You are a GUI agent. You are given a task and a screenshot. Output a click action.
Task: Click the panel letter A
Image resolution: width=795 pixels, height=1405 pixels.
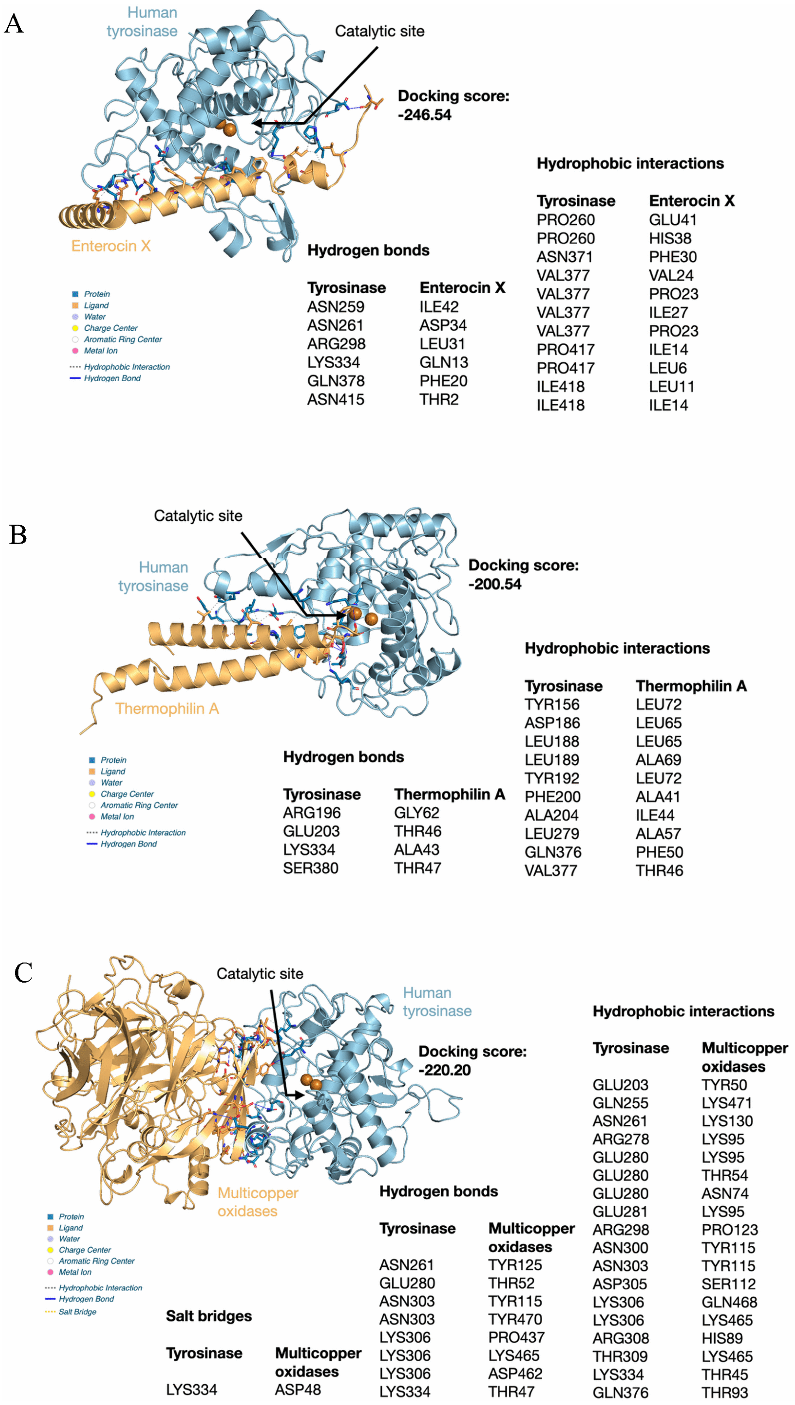[14, 24]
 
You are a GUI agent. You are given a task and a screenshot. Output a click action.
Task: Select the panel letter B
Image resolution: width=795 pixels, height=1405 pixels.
[18, 535]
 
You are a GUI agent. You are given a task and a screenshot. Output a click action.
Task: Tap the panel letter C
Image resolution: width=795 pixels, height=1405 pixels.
[24, 972]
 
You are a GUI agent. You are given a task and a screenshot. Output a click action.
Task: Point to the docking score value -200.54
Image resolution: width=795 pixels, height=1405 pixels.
[495, 584]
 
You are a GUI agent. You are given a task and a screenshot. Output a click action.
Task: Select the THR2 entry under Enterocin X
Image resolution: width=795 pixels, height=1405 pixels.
[439, 399]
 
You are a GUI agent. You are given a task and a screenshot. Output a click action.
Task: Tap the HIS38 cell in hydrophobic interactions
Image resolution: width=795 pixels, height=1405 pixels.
[670, 239]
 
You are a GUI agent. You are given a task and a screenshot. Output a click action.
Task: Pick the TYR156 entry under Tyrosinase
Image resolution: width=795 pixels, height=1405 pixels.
[552, 705]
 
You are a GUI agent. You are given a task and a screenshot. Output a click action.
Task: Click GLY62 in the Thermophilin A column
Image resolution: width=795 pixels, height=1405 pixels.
[416, 813]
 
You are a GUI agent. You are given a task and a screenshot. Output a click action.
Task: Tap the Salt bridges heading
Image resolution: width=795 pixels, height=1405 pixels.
[209, 1316]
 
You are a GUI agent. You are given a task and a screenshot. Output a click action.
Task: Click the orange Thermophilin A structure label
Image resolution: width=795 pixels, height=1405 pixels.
[167, 708]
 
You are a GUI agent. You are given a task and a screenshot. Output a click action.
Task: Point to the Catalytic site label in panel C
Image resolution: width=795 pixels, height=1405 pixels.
[260, 974]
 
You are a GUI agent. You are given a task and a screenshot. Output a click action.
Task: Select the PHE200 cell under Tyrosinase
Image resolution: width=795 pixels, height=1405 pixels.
[553, 797]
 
